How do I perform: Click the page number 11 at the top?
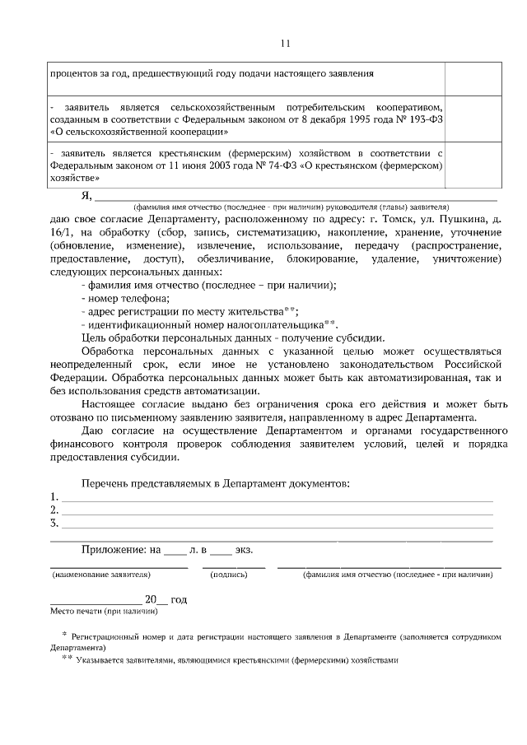[285, 44]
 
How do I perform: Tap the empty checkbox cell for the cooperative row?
[474, 119]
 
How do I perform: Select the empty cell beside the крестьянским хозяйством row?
[474, 164]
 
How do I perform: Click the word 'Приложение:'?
[114, 549]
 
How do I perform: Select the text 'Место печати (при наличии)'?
[104, 611]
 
